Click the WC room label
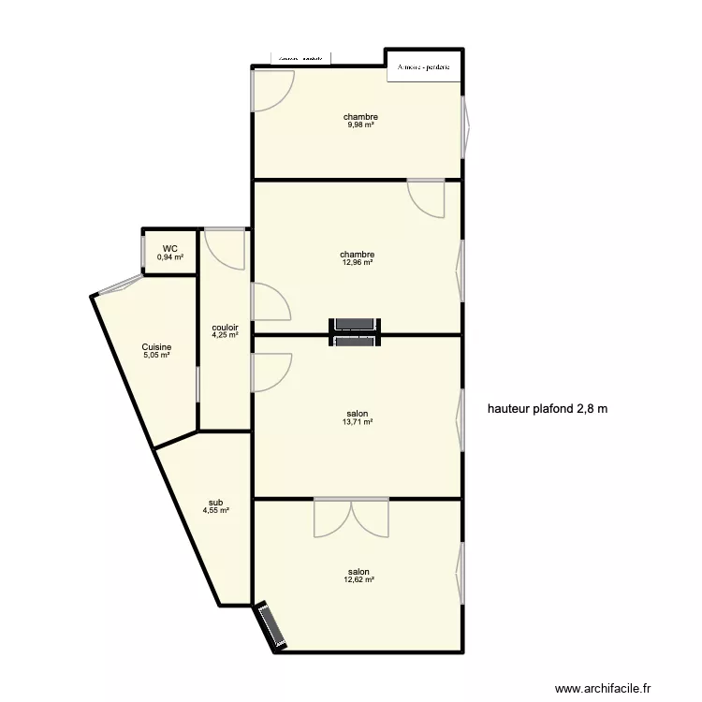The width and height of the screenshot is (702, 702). click(x=169, y=249)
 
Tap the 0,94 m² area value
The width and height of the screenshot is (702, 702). click(x=169, y=257)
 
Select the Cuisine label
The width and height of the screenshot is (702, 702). click(x=156, y=346)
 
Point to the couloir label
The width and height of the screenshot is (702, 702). click(x=225, y=327)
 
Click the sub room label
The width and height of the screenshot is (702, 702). click(x=215, y=502)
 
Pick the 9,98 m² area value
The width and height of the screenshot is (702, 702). click(x=359, y=125)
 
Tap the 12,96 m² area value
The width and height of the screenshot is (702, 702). click(x=358, y=263)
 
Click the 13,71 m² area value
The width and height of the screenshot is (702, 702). click(x=358, y=422)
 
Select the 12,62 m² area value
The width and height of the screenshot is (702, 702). click(x=358, y=580)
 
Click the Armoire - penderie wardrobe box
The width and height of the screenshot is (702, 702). click(x=424, y=67)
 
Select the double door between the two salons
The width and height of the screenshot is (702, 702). click(x=351, y=516)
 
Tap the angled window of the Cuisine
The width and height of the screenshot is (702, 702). click(x=119, y=285)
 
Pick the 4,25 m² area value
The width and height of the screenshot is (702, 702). click(x=225, y=335)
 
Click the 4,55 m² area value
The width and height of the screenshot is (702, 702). click(x=215, y=510)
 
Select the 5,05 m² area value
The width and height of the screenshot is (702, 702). click(x=156, y=355)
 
